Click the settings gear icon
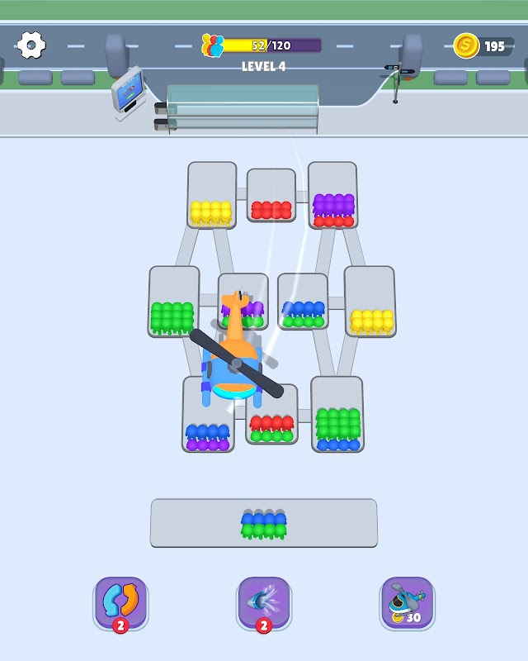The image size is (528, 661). click(31, 45)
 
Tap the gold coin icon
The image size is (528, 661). click(466, 46)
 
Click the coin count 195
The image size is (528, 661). click(494, 46)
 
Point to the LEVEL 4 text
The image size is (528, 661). click(263, 67)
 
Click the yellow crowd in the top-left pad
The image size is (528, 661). click(211, 212)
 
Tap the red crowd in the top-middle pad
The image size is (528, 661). click(271, 210)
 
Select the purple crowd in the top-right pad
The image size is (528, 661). click(333, 203)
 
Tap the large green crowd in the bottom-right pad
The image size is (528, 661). click(338, 423)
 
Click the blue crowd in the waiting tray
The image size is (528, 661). click(264, 519)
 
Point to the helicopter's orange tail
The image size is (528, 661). click(237, 318)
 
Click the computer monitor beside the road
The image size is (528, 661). click(128, 92)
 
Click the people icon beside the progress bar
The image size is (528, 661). click(213, 46)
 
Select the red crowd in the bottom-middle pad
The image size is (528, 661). click(271, 423)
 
